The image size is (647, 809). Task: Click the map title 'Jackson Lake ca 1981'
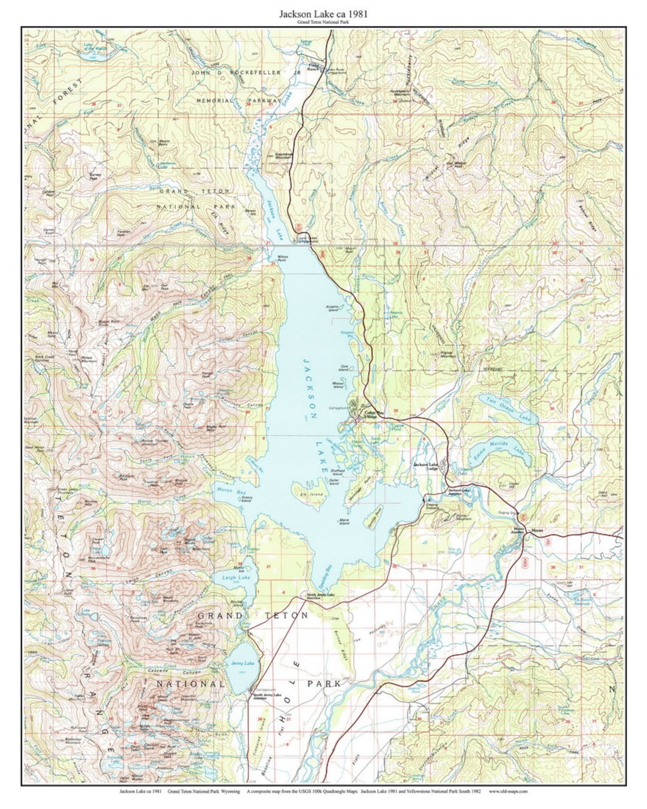tap(323, 13)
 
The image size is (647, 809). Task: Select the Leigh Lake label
tap(228, 578)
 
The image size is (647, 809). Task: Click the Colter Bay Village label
tap(374, 414)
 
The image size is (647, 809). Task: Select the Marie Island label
tap(344, 522)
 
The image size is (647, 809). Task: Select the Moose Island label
tap(338, 385)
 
